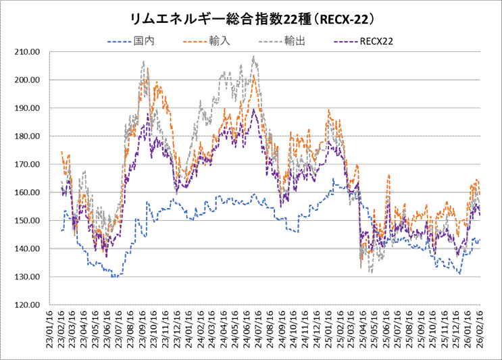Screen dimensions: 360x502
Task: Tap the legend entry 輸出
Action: [x=295, y=41]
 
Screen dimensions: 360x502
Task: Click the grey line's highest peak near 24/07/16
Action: [x=253, y=57]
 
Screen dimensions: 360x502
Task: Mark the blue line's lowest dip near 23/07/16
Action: [x=116, y=277]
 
